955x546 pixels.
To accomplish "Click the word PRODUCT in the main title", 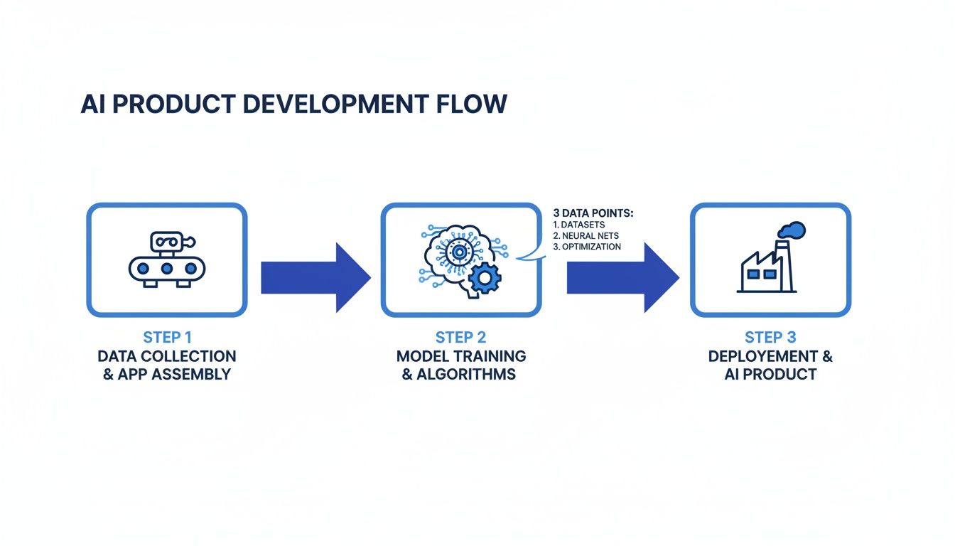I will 173,104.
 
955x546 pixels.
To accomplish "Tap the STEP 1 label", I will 167,337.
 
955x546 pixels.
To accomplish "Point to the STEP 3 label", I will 770,337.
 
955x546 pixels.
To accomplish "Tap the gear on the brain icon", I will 486,278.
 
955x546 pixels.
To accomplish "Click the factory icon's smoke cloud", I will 792,230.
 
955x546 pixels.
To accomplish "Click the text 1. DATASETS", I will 578,225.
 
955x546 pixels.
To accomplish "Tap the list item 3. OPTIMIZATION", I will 587,247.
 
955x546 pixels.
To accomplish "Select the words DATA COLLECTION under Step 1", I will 167,355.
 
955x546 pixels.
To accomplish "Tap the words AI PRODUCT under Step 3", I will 770,374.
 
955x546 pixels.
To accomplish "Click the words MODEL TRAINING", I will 460,355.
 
